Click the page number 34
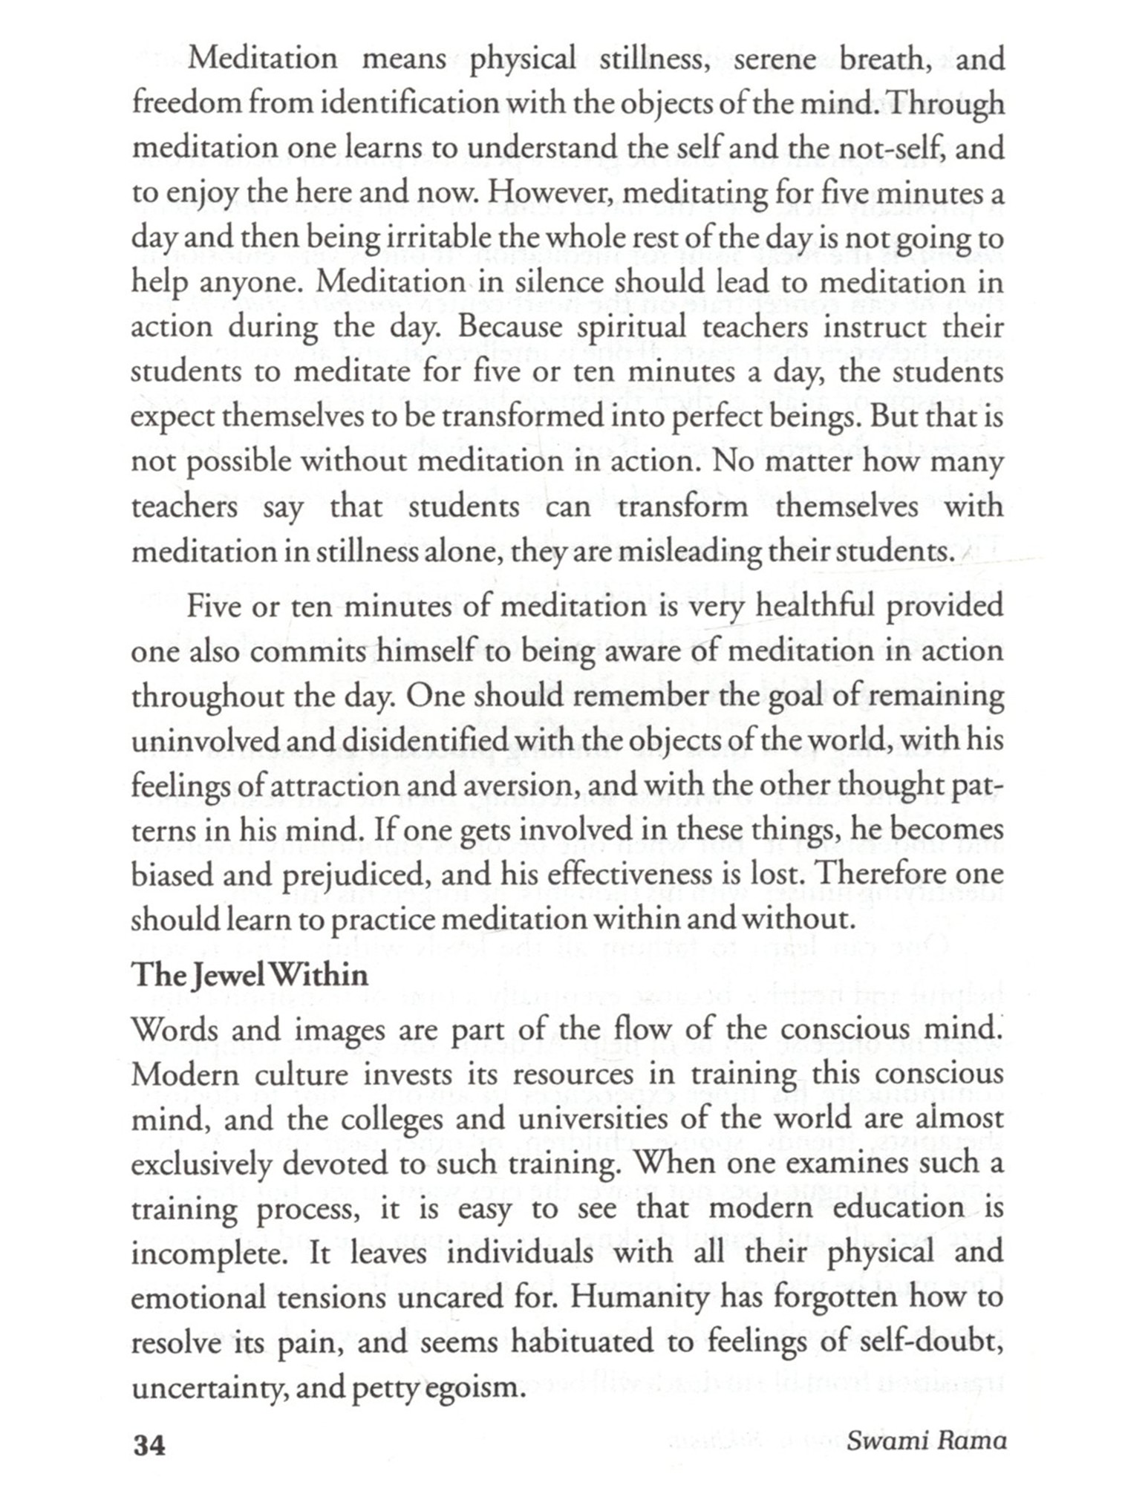[149, 1445]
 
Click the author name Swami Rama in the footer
[927, 1441]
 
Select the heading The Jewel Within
[250, 974]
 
